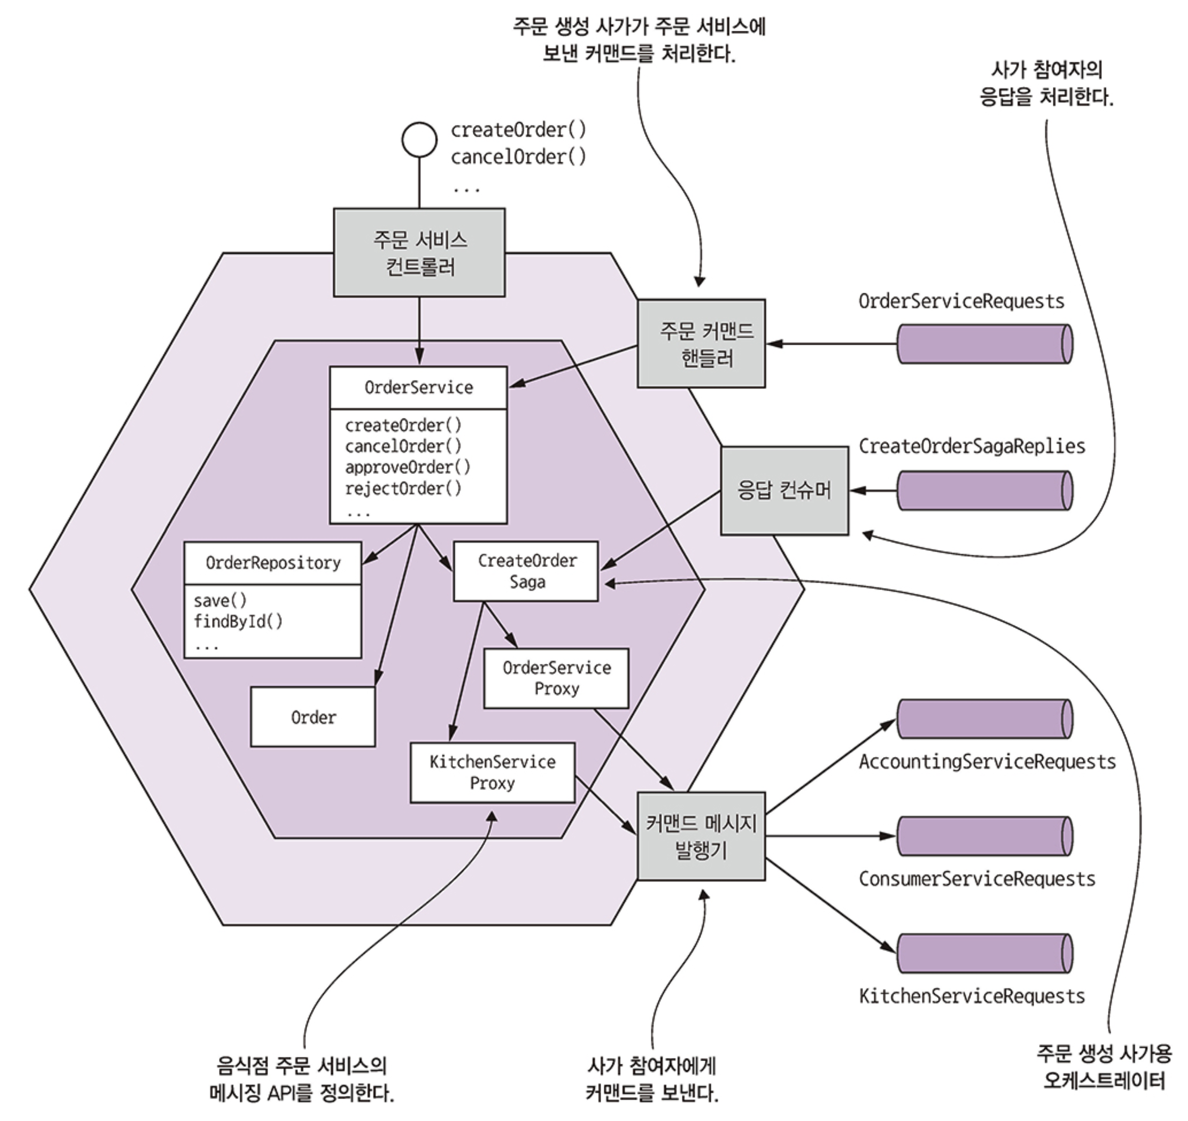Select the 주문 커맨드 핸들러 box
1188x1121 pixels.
pyautogui.click(x=701, y=344)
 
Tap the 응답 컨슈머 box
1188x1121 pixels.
pyautogui.click(x=784, y=490)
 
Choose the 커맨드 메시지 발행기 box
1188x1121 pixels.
pyautogui.click(x=701, y=836)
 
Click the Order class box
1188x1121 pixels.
pyautogui.click(x=313, y=717)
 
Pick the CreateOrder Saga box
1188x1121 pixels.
pyautogui.click(x=526, y=571)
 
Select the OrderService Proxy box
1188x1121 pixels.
pyautogui.click(x=556, y=678)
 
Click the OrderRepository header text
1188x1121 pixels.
pyautogui.click(x=273, y=563)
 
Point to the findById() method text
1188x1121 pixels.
pyautogui.click(x=238, y=622)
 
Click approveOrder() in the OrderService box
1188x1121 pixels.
pyautogui.click(x=408, y=467)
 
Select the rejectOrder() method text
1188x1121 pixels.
pyautogui.click(x=403, y=488)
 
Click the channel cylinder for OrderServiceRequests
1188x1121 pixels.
pyautogui.click(x=985, y=344)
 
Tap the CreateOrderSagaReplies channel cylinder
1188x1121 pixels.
pyautogui.click(x=985, y=491)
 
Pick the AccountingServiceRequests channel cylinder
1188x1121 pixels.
pyautogui.click(x=985, y=719)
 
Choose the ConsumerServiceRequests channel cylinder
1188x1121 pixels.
pyautogui.click(x=985, y=836)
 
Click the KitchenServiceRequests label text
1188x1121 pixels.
pyautogui.click(x=971, y=996)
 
